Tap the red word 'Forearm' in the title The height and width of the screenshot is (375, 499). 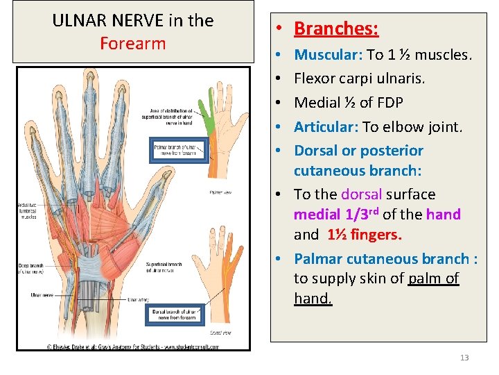(x=133, y=43)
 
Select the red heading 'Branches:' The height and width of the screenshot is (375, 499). (x=336, y=28)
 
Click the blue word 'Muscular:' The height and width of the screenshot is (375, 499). (x=328, y=54)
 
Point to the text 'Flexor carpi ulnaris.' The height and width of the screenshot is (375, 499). (x=360, y=78)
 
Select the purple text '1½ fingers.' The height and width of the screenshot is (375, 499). (x=364, y=235)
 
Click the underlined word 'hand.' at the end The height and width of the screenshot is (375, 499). (x=313, y=299)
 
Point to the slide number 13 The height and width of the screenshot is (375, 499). (x=464, y=358)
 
